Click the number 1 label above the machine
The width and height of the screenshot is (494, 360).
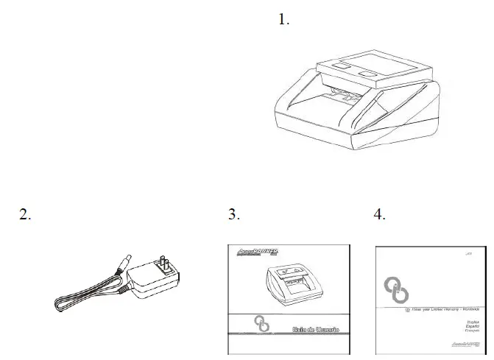coord(283,20)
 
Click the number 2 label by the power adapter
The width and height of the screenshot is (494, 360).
coord(25,214)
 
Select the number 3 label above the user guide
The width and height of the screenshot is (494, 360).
coord(234,214)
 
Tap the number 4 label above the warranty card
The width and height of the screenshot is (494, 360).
coord(380,214)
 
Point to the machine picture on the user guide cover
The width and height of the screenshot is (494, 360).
coord(292,280)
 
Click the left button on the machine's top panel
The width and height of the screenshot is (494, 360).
coord(341,67)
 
